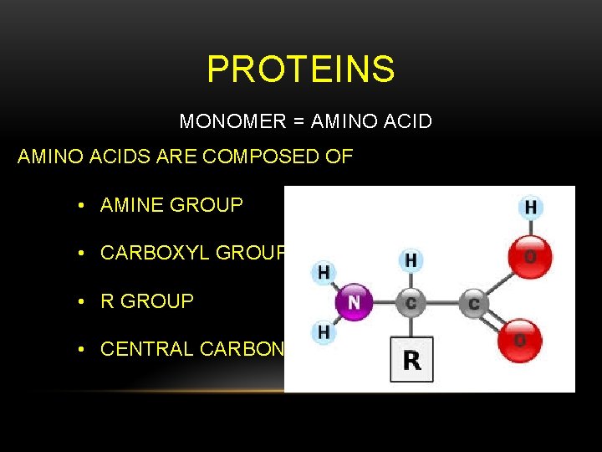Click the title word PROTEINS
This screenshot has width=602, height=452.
(301, 69)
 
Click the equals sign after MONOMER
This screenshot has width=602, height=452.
(298, 122)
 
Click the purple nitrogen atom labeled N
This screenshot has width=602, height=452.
(354, 301)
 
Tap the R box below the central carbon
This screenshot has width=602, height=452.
(411, 360)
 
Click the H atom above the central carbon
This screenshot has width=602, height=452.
(411, 261)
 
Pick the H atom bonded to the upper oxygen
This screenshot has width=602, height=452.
(531, 208)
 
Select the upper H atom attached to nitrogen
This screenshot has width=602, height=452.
(324, 271)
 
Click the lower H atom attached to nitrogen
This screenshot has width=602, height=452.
(324, 332)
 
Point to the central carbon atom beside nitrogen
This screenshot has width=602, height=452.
(411, 303)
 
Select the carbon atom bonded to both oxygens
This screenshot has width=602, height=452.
(474, 303)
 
